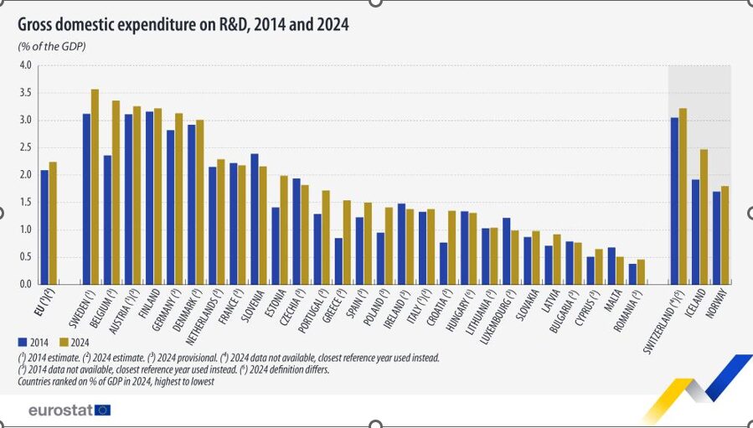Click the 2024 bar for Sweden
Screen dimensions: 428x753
(95, 186)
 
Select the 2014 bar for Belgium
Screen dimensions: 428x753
(107, 219)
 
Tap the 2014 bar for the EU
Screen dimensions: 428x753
(44, 227)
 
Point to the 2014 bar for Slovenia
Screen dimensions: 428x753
(255, 219)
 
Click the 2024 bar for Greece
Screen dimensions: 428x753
(347, 242)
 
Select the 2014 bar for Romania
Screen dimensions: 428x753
(632, 274)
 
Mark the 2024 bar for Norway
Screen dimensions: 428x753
(725, 235)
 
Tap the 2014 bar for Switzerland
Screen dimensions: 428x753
(674, 200)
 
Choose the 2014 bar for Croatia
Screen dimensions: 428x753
(444, 263)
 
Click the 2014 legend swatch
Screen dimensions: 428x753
(23, 342)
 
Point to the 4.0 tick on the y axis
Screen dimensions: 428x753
(25, 65)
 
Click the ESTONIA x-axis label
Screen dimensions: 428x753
(273, 307)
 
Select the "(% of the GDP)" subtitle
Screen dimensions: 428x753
(52, 45)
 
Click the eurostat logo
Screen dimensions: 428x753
(69, 410)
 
